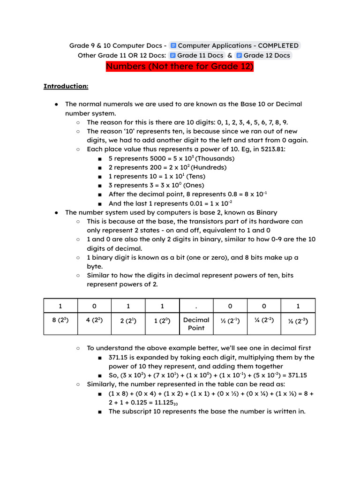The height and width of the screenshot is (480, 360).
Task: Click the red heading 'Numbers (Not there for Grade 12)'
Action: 180,67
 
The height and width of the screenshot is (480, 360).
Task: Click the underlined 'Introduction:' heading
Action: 66,86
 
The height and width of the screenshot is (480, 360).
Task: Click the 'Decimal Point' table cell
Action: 196,324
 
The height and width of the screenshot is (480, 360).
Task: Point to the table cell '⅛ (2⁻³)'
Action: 298,321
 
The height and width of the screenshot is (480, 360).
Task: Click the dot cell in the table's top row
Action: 196,306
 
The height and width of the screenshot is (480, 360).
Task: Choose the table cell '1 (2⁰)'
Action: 162,321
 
